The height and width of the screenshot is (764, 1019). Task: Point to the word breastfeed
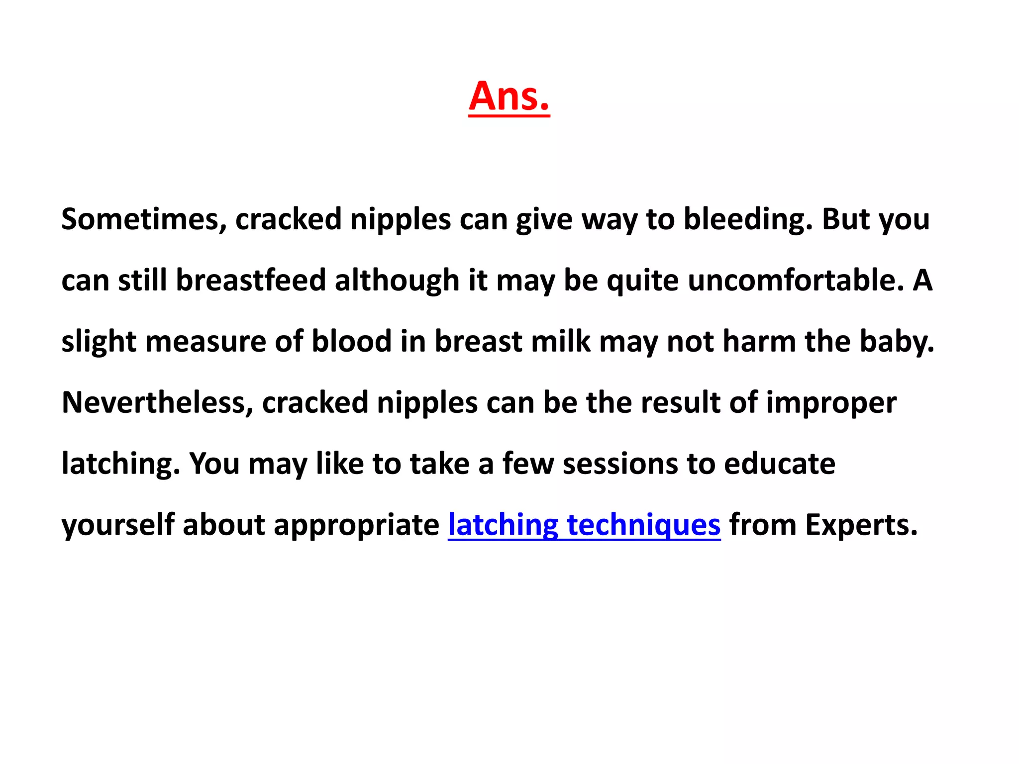point(251,280)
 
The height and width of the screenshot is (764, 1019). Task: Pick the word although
point(397,280)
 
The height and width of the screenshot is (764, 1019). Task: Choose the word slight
point(99,342)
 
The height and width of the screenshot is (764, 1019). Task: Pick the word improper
point(831,402)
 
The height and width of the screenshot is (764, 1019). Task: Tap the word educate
point(779,464)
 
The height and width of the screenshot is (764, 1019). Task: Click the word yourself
point(118,525)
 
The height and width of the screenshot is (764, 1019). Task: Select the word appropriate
point(356,525)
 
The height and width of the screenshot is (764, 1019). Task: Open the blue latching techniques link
point(584,525)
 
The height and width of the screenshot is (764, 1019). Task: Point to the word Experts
point(861,525)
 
